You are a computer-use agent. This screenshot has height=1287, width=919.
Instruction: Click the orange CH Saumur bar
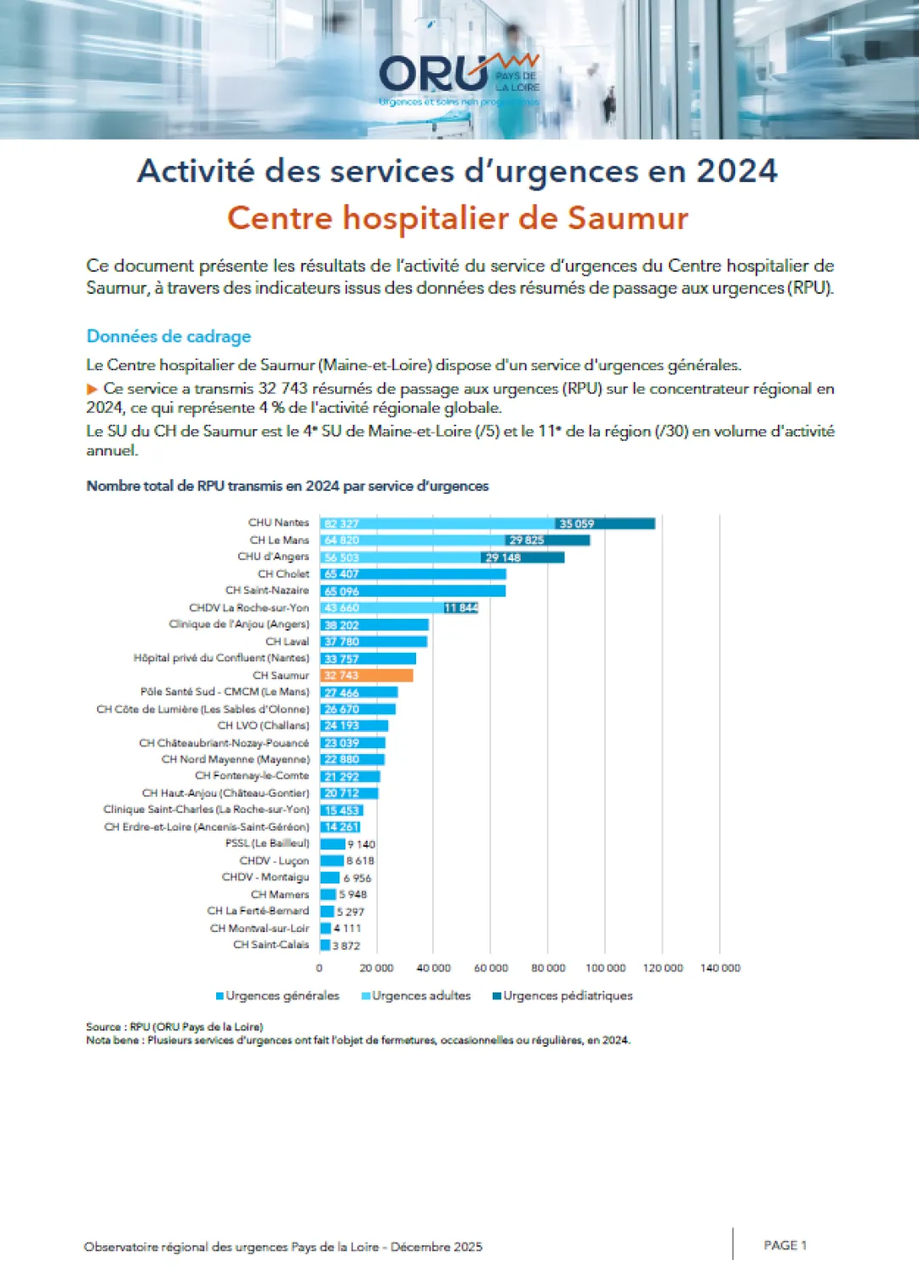[x=366, y=676]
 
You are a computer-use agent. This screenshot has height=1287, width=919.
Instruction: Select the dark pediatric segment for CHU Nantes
[x=605, y=523]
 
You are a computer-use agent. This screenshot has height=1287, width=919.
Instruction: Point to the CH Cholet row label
[x=283, y=574]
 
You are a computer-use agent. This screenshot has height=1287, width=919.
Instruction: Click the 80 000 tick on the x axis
[x=548, y=968]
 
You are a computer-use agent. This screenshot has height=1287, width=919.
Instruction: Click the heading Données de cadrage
[x=168, y=336]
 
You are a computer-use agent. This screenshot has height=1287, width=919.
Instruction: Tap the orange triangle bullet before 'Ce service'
[x=92, y=389]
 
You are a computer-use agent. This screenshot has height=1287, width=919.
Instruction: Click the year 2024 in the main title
[x=737, y=171]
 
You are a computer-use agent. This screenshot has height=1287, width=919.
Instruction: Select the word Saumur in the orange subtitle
[x=628, y=219]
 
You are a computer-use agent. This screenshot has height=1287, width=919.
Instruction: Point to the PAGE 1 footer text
[x=785, y=1245]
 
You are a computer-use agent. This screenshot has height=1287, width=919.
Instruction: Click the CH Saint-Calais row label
[x=271, y=945]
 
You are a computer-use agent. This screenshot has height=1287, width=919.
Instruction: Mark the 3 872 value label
[x=346, y=946]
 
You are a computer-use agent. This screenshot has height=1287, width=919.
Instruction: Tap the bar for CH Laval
[x=374, y=642]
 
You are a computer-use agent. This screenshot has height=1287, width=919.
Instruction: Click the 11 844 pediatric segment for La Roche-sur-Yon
[x=460, y=608]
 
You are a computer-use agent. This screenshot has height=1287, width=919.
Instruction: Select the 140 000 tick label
[x=720, y=968]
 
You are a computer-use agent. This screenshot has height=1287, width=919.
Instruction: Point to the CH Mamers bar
[x=328, y=895]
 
